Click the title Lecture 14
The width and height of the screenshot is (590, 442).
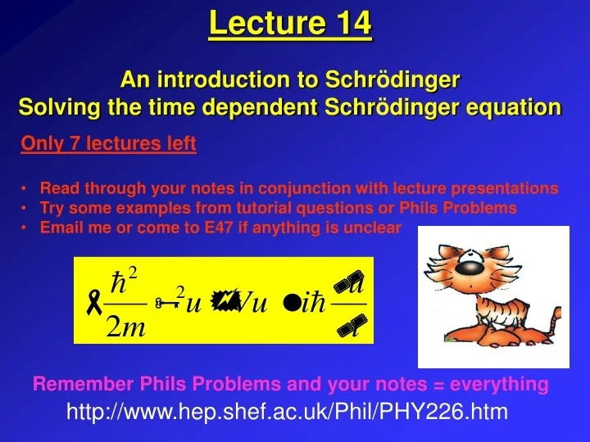(x=290, y=23)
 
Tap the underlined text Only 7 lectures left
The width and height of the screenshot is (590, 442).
(x=108, y=145)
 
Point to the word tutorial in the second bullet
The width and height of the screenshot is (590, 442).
(x=265, y=208)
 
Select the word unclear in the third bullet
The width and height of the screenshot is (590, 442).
(x=373, y=228)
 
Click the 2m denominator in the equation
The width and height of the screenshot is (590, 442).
(x=125, y=327)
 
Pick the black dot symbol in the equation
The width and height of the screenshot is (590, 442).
(x=289, y=304)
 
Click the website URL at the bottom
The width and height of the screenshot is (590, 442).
(x=287, y=413)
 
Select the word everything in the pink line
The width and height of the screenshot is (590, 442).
(x=500, y=384)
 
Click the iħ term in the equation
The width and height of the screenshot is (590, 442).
(x=315, y=303)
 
